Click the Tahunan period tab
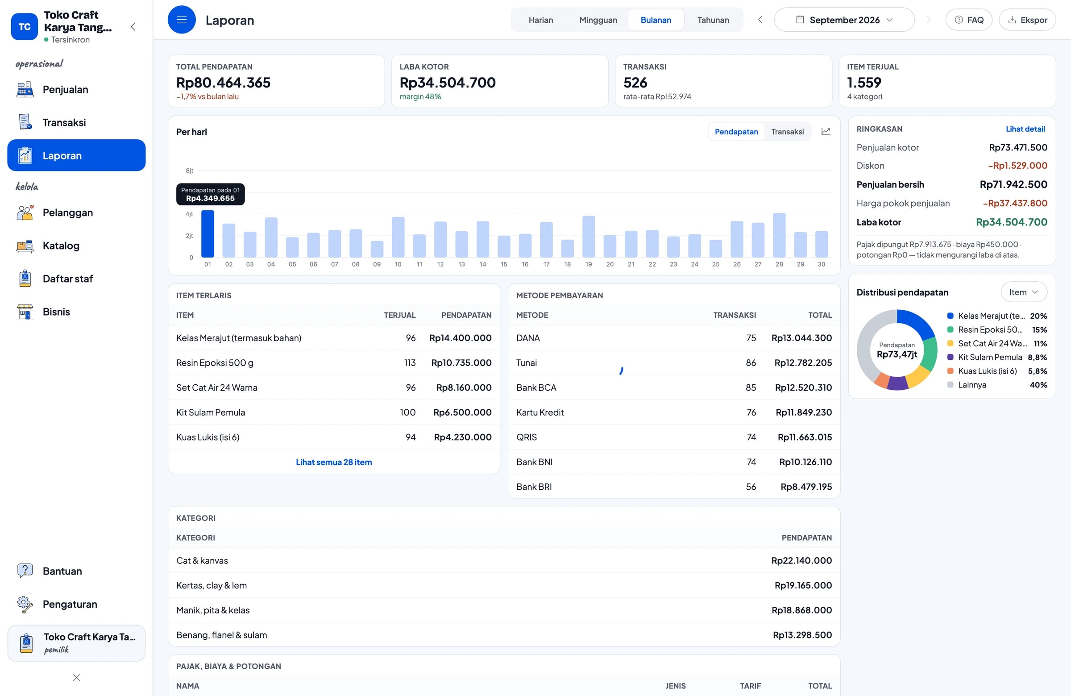(x=713, y=20)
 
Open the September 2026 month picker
(x=844, y=20)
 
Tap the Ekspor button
(x=1027, y=20)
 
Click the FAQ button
(x=968, y=20)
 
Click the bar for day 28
(x=779, y=235)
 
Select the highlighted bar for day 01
(x=208, y=233)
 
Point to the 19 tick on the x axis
(x=589, y=264)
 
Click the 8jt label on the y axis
(x=190, y=171)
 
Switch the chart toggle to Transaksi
(x=787, y=131)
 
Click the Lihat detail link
(x=1025, y=129)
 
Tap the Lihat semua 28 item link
(x=334, y=462)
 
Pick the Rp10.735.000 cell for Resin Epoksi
(x=461, y=363)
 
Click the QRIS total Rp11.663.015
(x=805, y=437)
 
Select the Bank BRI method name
(x=534, y=486)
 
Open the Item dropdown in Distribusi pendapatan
(x=1023, y=292)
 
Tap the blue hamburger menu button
(x=182, y=20)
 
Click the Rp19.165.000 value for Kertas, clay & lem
(x=803, y=585)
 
